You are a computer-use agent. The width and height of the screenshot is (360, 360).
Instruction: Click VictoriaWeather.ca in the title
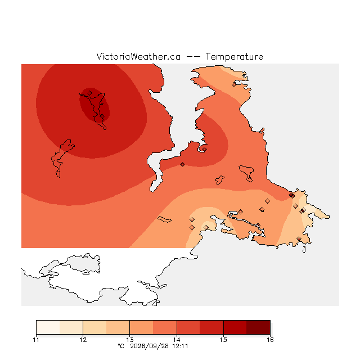pyautogui.click(x=138, y=56)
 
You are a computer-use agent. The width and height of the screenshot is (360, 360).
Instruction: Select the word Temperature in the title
pyautogui.click(x=234, y=56)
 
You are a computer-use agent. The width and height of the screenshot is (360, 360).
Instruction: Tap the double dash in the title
pyautogui.click(x=193, y=57)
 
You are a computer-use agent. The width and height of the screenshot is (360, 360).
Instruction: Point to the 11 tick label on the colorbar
pyautogui.click(x=36, y=340)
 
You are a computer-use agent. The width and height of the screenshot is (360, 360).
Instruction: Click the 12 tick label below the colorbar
pyautogui.click(x=83, y=340)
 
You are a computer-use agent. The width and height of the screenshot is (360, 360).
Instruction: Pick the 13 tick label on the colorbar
pyautogui.click(x=130, y=340)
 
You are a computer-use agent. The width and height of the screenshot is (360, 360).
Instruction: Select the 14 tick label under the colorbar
pyautogui.click(x=177, y=340)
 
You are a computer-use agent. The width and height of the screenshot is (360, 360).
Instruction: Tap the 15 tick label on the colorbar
pyautogui.click(x=223, y=340)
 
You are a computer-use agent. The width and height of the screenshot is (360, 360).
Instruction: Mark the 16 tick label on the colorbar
pyautogui.click(x=270, y=340)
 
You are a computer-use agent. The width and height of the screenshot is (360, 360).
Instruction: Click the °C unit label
pyautogui.click(x=121, y=346)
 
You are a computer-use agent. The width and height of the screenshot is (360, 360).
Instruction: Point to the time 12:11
pyautogui.click(x=180, y=346)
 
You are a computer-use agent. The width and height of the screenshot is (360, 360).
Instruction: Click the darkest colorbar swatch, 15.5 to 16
pyautogui.click(x=259, y=327)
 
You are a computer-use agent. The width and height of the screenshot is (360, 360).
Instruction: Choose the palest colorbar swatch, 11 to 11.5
pyautogui.click(x=48, y=327)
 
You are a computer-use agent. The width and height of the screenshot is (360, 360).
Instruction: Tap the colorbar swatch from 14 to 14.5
pyautogui.click(x=188, y=327)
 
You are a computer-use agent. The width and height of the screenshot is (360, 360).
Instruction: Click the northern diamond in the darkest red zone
pyautogui.click(x=90, y=93)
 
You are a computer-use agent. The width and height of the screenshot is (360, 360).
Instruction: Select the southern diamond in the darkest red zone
pyautogui.click(x=102, y=116)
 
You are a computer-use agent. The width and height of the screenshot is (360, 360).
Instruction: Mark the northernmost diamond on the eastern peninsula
pyautogui.click(x=234, y=85)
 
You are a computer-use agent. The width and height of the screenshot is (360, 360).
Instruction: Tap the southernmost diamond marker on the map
pyautogui.click(x=299, y=238)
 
